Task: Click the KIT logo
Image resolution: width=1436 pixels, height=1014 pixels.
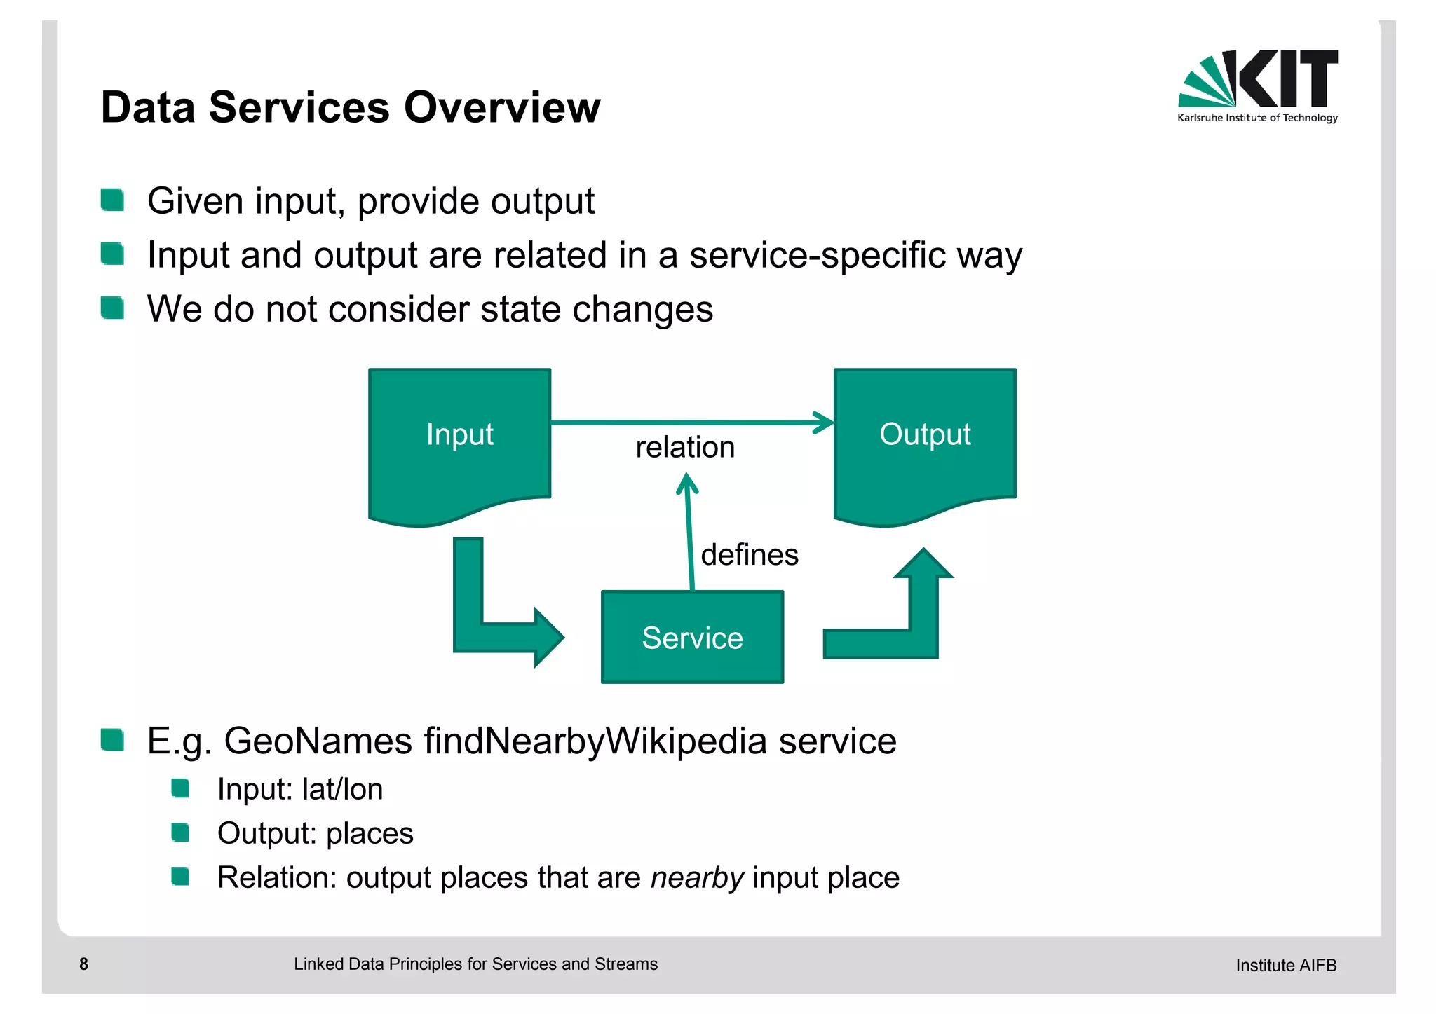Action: pos(1257,85)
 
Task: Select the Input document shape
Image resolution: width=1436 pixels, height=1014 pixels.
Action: pos(459,441)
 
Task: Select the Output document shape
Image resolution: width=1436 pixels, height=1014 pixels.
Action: pos(925,441)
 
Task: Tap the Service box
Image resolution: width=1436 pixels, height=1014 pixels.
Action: pos(692,637)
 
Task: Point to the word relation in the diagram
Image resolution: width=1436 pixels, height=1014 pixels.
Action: pos(685,447)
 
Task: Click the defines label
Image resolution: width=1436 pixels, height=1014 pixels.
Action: pos(750,554)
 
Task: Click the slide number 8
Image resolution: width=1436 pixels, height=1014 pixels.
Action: pos(83,964)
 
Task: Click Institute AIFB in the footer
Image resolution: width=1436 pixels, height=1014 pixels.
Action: pos(1285,965)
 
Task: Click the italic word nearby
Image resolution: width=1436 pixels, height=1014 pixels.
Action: pos(697,877)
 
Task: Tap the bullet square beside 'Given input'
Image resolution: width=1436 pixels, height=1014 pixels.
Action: pos(112,200)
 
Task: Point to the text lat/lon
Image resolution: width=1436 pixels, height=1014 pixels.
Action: pos(342,789)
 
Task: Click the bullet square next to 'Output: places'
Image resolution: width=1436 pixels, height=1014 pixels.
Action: pos(180,833)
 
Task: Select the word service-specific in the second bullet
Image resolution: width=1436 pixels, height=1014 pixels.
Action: pos(817,254)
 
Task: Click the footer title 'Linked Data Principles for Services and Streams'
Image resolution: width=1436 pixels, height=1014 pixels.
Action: pos(475,964)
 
